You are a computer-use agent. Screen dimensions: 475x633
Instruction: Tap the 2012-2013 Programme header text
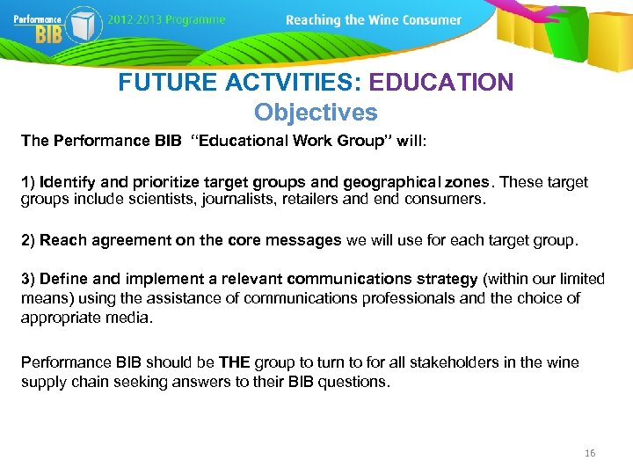tap(168, 19)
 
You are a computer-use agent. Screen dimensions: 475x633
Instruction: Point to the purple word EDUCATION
tap(440, 83)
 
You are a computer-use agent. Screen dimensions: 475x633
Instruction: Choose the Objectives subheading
tap(316, 113)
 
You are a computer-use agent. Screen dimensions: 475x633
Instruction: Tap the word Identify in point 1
tap(68, 183)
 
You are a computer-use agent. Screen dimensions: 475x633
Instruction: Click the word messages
tap(298, 240)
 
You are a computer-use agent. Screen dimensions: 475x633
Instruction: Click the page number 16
tap(589, 453)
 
